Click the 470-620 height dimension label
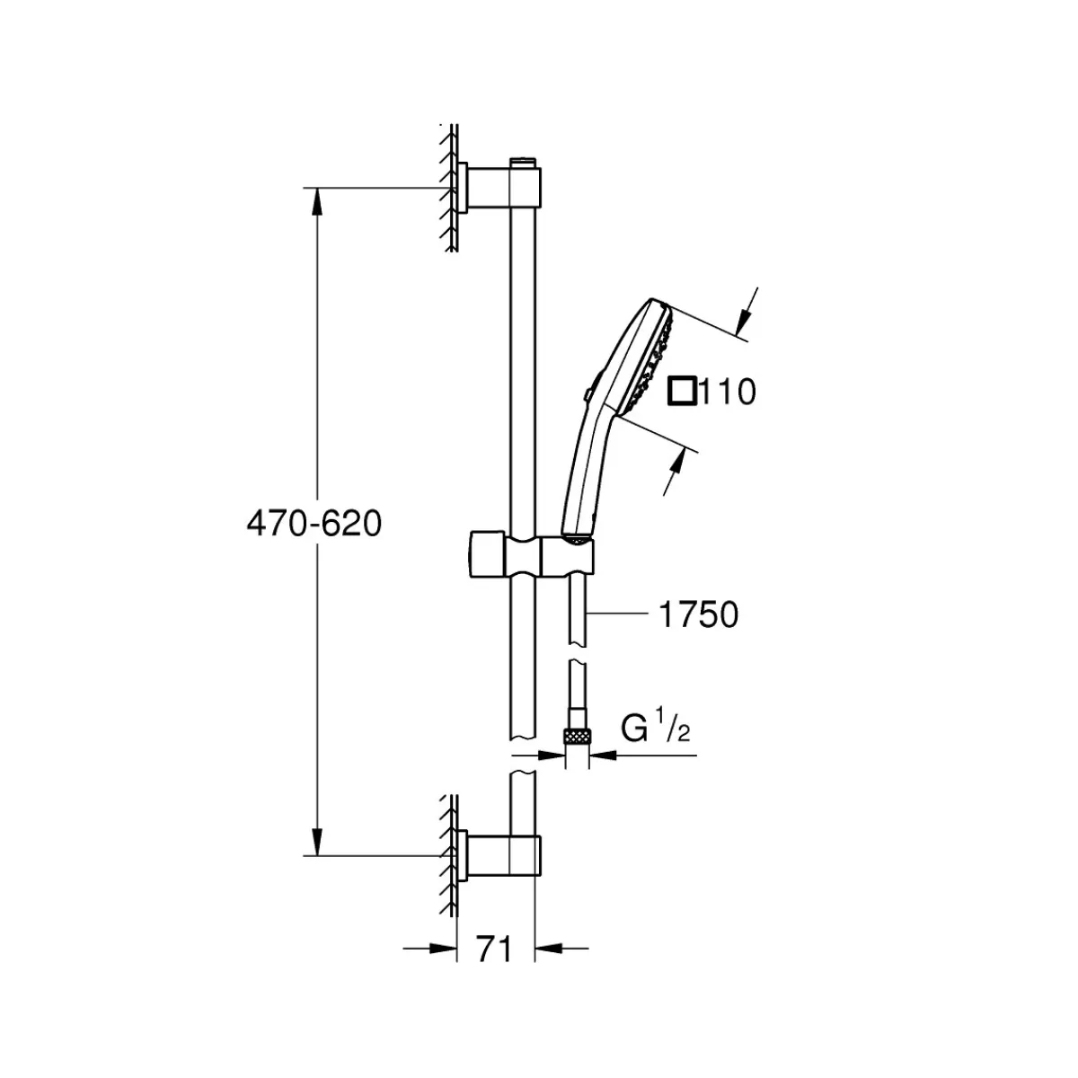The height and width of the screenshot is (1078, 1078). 314,524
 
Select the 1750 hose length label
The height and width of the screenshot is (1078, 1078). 699,614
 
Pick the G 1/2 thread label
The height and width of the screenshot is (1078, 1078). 655,726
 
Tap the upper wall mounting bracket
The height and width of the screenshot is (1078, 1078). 498,188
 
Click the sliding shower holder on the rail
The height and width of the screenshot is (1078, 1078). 529,555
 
